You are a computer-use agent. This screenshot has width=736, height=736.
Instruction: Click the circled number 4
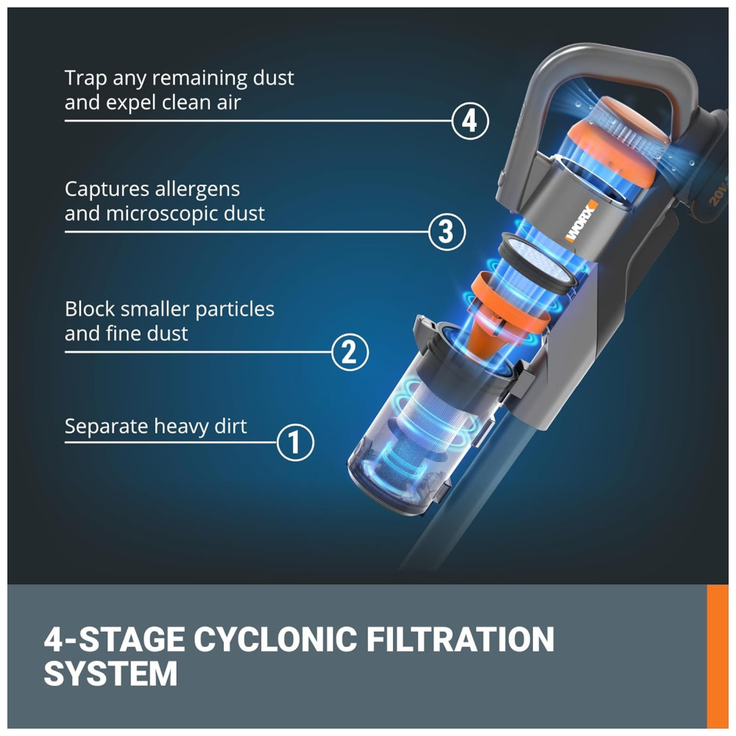(470, 120)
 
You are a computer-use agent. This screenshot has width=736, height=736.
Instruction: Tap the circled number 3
(447, 232)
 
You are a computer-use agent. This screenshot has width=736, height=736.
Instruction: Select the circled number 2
(350, 352)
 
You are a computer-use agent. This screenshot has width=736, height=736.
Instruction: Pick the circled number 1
(295, 442)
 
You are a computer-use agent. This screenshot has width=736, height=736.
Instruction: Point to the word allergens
(197, 189)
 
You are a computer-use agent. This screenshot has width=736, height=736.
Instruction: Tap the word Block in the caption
(88, 308)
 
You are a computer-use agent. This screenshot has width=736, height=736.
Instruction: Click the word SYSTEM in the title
(110, 674)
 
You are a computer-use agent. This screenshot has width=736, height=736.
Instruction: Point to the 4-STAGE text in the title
(113, 640)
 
